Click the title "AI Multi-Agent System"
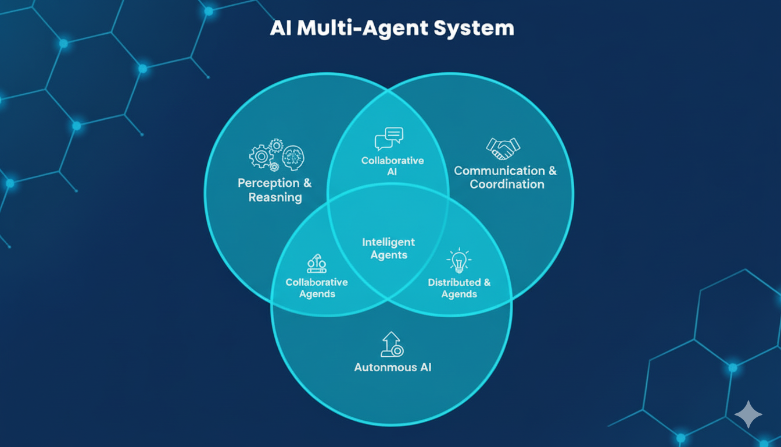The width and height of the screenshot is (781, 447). tap(392, 29)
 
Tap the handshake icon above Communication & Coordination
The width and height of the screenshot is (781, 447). tap(503, 148)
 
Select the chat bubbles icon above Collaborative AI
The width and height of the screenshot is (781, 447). tap(389, 139)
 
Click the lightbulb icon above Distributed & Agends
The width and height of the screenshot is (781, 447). tap(458, 261)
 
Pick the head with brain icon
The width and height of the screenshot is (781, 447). tap(293, 157)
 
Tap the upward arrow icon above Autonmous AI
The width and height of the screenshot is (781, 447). tap(392, 345)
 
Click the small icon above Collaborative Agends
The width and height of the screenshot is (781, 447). tap(316, 264)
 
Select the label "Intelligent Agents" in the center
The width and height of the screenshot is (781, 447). tap(389, 249)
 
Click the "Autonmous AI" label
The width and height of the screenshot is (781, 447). tap(393, 367)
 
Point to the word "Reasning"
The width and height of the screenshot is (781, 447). tap(275, 197)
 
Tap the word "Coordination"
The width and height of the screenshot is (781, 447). tap(507, 185)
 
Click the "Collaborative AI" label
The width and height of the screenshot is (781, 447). tap(392, 166)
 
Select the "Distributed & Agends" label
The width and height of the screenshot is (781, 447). tap(459, 288)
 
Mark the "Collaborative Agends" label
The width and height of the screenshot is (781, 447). tap(317, 288)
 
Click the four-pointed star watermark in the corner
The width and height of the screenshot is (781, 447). tap(748, 414)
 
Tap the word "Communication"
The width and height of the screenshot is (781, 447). tap(499, 171)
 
